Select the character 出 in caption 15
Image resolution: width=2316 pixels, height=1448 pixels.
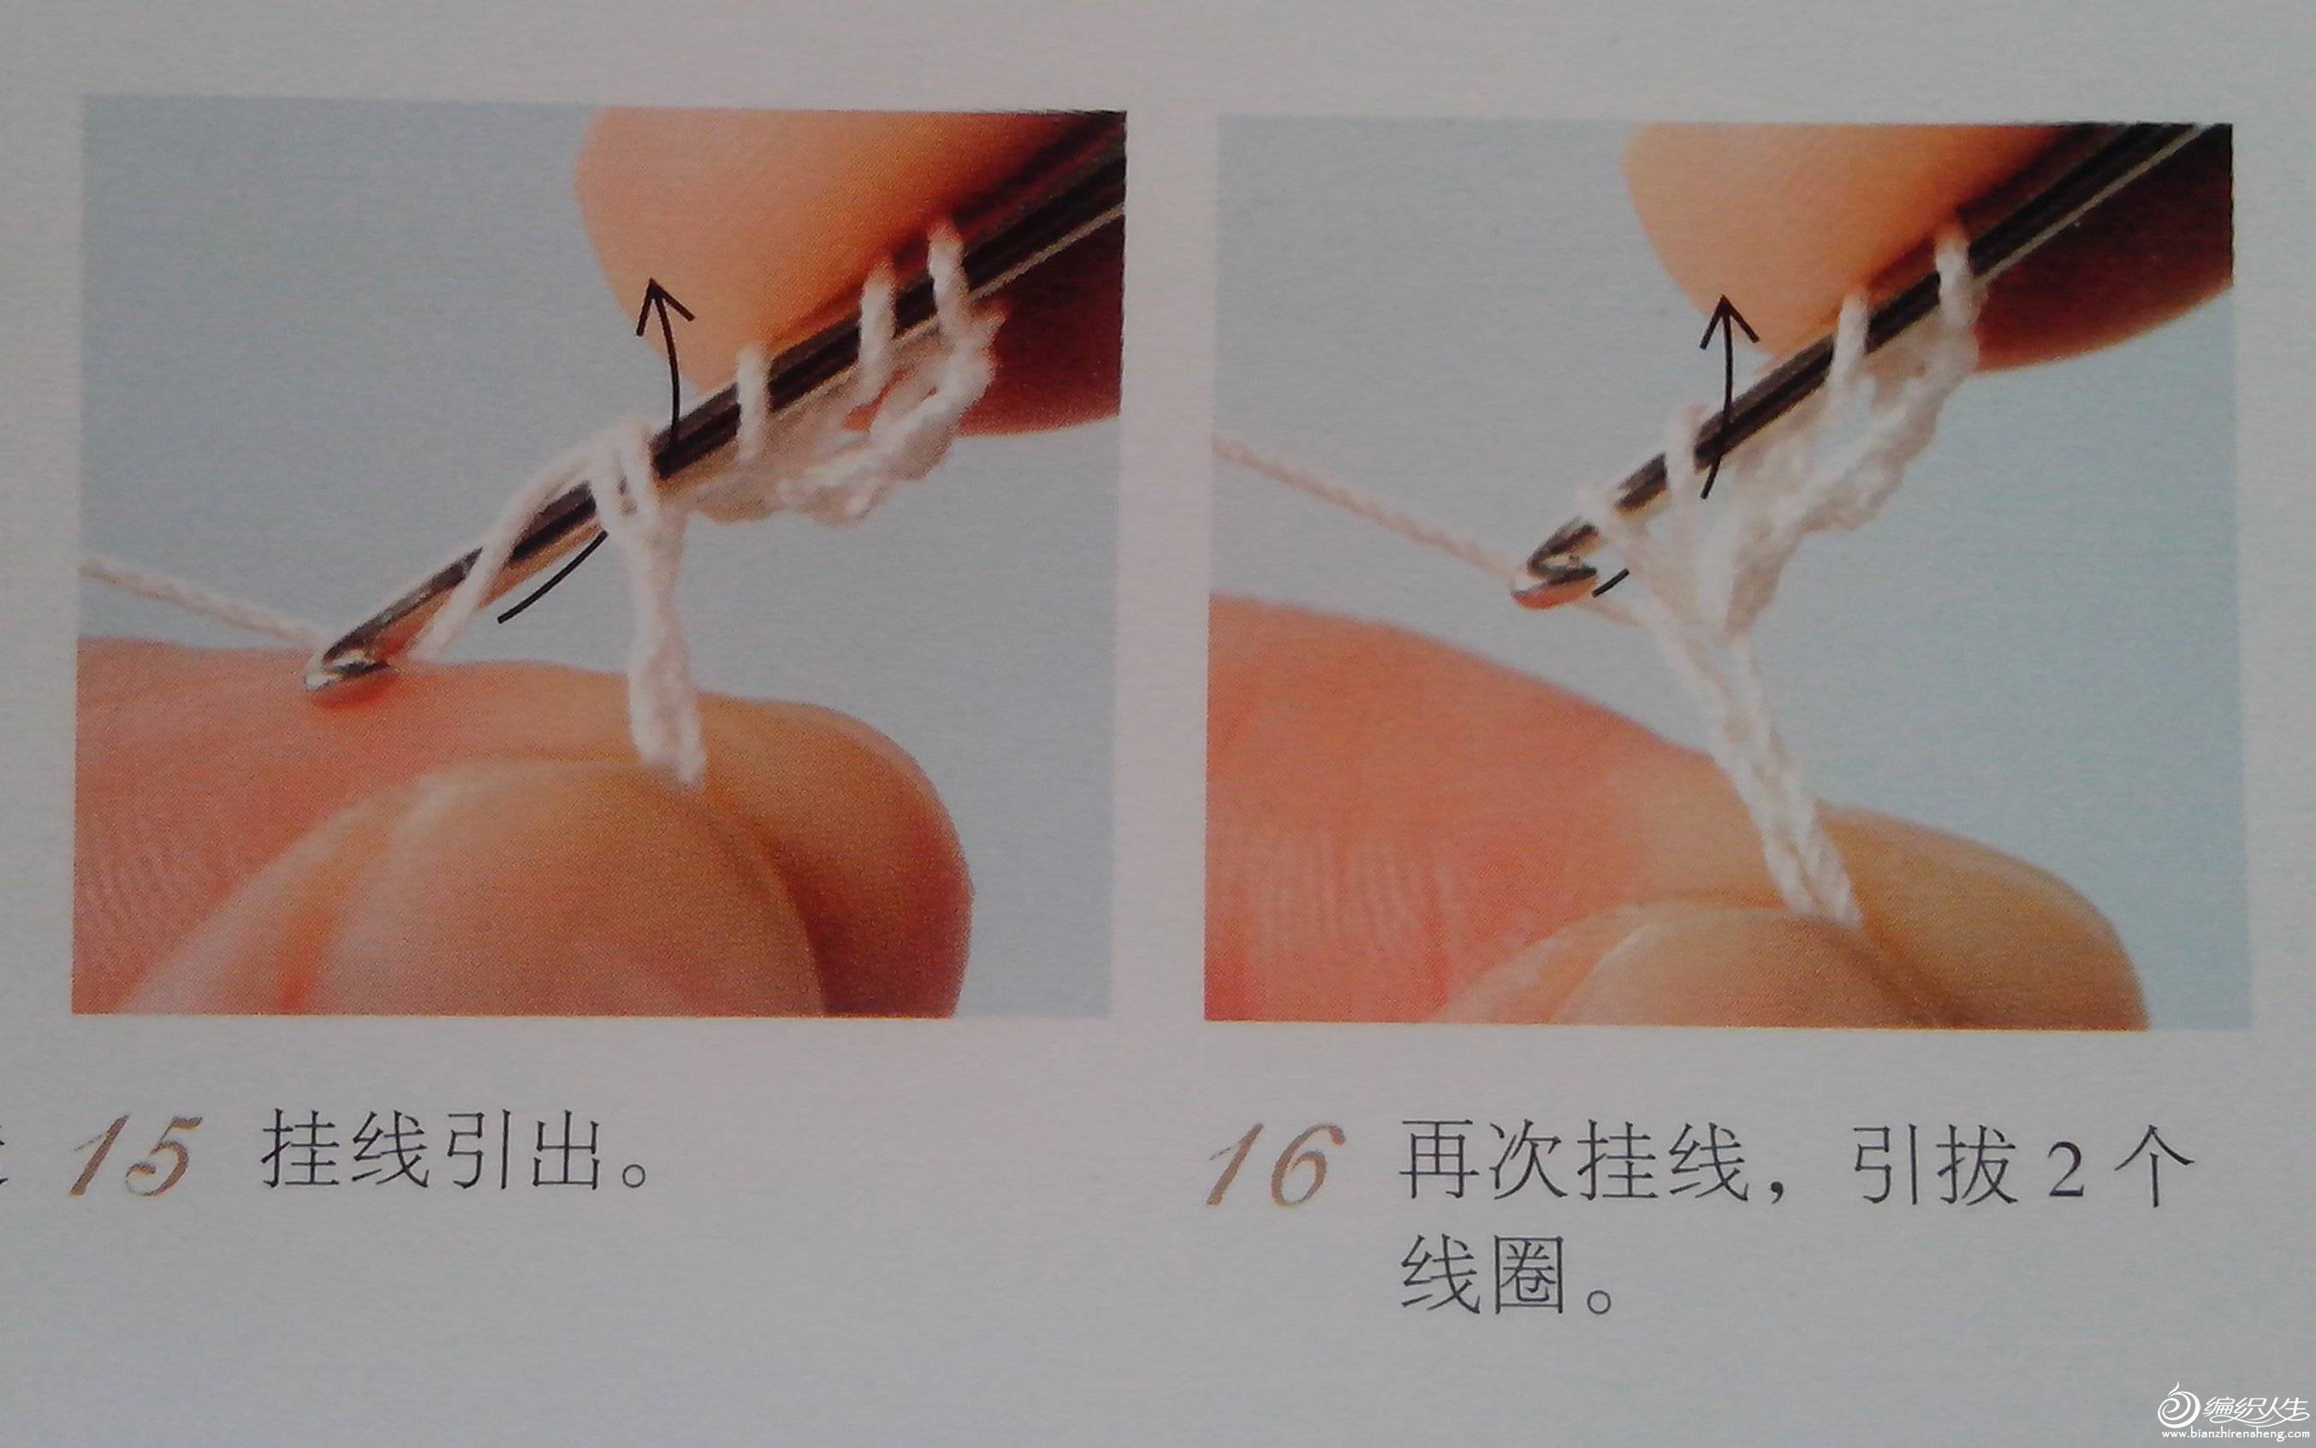[572, 1148]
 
